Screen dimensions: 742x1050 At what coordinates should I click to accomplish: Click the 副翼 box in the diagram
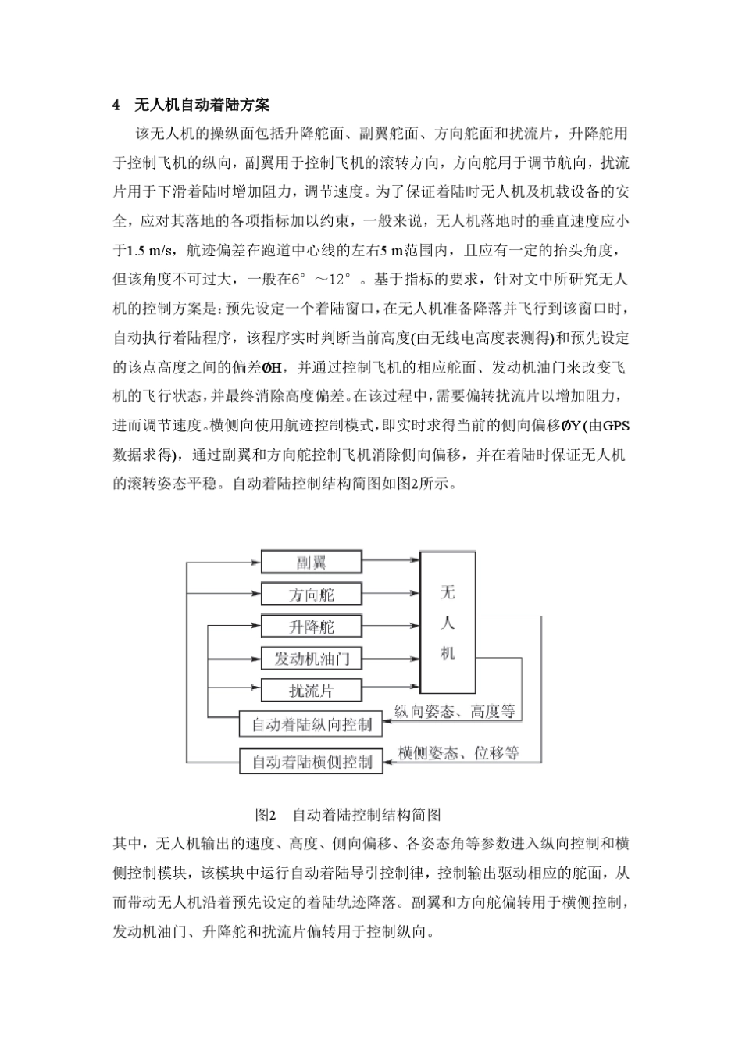[311, 562]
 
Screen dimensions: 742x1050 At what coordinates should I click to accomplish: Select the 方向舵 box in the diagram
[311, 594]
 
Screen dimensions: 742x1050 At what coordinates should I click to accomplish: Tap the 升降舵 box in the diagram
[311, 627]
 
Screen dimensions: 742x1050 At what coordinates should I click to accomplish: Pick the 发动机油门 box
[311, 659]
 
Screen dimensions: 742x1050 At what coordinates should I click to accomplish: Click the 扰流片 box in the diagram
[311, 691]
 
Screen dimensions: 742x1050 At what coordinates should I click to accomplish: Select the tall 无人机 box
[448, 623]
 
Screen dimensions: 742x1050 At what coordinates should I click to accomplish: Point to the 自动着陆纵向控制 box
[311, 724]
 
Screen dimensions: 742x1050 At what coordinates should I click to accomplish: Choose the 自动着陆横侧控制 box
[311, 761]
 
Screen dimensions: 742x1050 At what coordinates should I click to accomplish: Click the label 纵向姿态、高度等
[455, 711]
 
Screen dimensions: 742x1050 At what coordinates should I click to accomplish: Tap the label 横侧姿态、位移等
[458, 753]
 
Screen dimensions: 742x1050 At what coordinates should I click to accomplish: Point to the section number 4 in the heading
[116, 105]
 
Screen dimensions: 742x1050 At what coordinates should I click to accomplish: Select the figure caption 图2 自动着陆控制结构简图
[348, 815]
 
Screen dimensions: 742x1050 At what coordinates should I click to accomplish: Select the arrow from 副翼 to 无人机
[391, 560]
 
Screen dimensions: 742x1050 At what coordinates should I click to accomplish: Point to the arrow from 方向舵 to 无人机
[391, 594]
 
